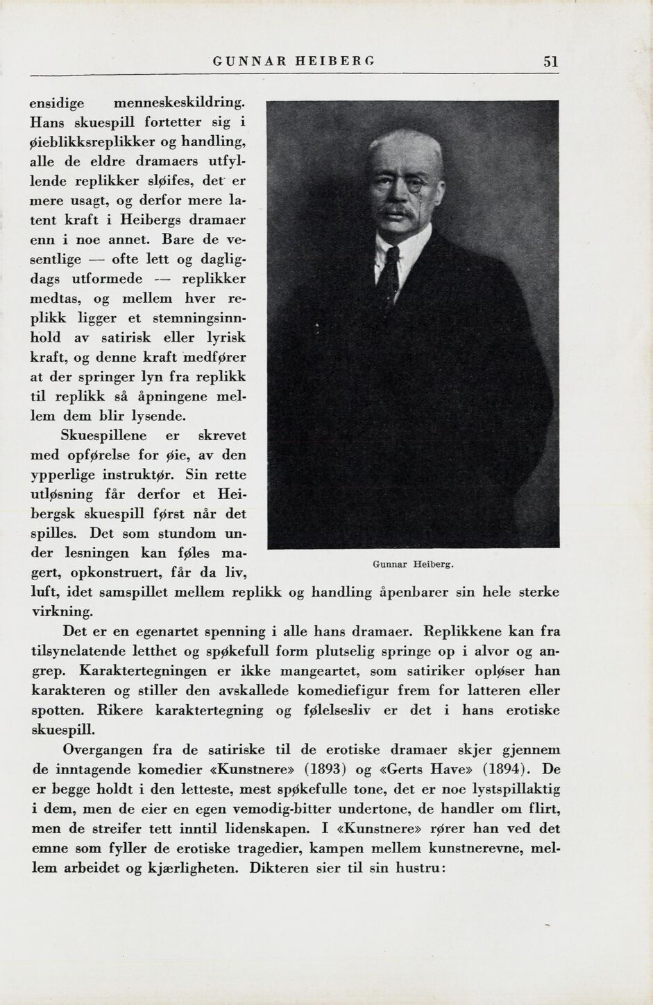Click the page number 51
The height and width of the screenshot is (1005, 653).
551,61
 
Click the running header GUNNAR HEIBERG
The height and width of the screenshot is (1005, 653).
294,61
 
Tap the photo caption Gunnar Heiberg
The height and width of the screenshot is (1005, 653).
413,564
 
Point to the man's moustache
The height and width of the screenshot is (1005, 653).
398,208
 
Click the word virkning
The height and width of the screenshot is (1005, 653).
61,613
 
